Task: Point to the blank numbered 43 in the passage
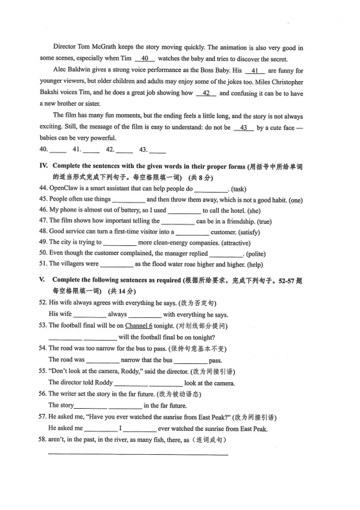pyautogui.click(x=244, y=128)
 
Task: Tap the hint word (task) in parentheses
pyautogui.click(x=241, y=189)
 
